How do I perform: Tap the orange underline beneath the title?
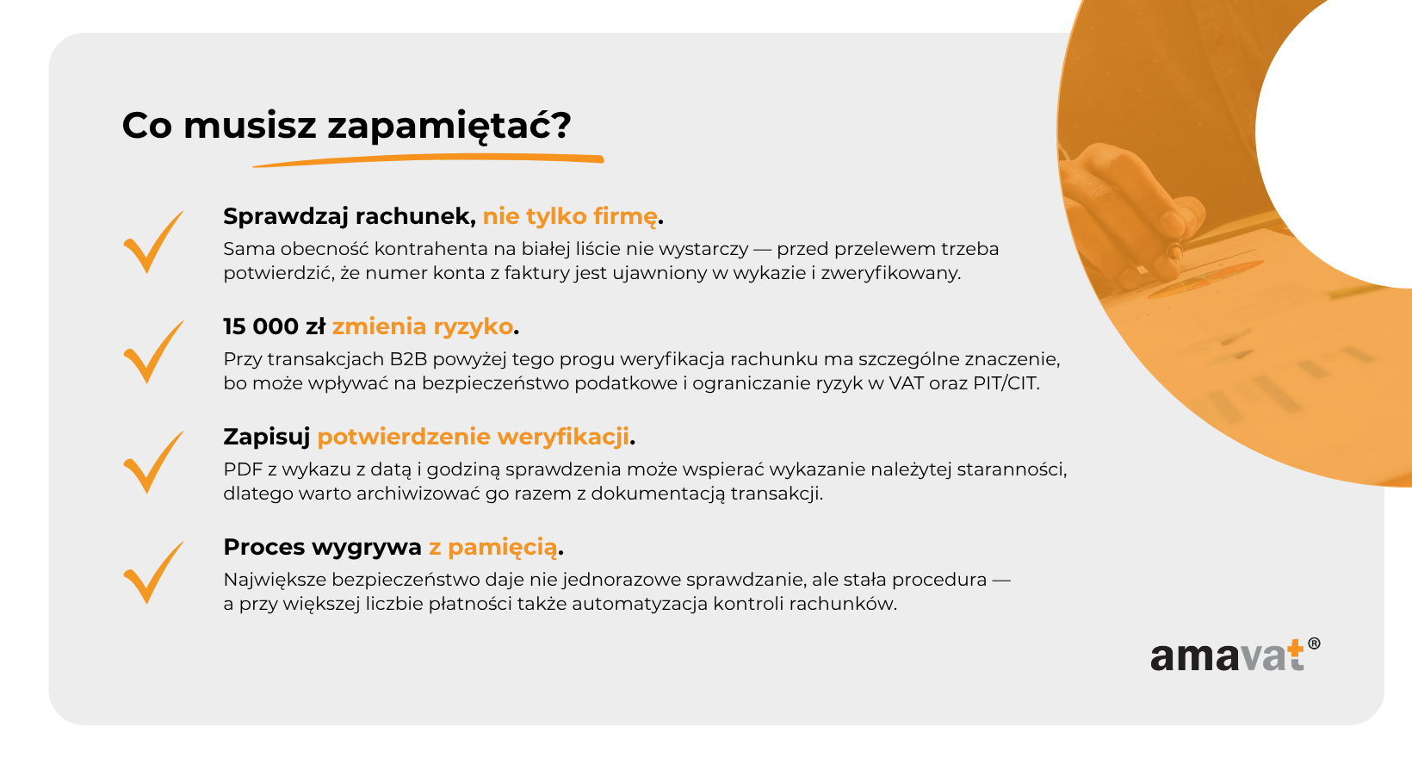[x=428, y=160]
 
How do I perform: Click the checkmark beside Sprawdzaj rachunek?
[x=153, y=242]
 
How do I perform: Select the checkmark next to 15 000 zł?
[x=153, y=352]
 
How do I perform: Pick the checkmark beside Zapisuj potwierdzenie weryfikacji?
[x=153, y=463]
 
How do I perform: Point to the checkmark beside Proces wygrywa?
[x=153, y=573]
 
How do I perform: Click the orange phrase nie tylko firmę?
[x=570, y=216]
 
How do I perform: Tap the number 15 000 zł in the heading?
[x=274, y=326]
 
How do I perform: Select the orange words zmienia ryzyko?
[x=423, y=326]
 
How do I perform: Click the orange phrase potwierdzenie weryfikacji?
[x=473, y=437]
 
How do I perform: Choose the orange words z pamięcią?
[x=493, y=547]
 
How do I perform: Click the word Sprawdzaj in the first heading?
[x=286, y=216]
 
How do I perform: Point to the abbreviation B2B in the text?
[x=408, y=359]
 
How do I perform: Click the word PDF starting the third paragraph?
[x=242, y=469]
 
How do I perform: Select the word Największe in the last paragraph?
[x=274, y=580]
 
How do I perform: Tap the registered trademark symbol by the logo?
[x=1314, y=643]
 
